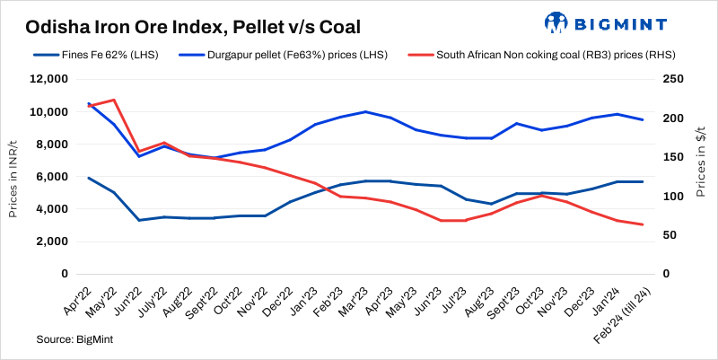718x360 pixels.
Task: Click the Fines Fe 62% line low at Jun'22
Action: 138,220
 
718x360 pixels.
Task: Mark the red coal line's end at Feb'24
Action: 642,224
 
